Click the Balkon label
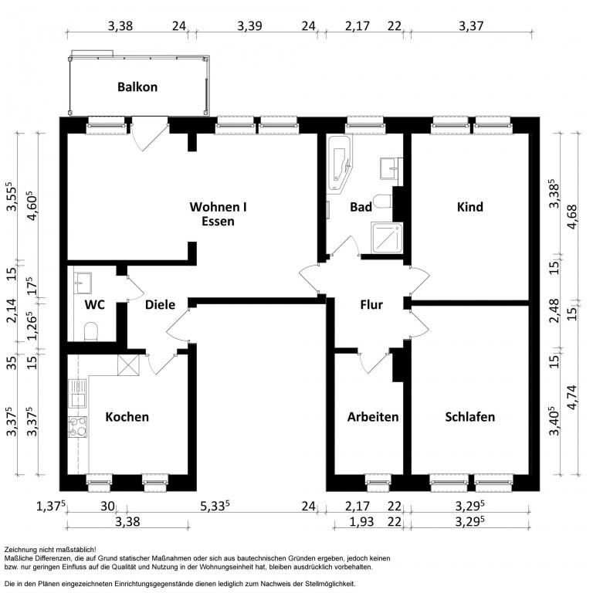137,87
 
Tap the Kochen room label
127,417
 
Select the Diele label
160,304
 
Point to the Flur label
371,304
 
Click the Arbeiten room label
373,417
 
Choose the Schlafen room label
469,417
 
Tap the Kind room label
470,207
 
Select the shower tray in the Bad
387,238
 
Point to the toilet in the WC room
91,330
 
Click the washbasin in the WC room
83,283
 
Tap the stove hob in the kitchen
77,426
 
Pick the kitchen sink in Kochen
77,393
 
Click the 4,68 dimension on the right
572,216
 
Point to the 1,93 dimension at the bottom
361,522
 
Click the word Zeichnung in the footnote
18,550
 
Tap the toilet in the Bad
382,202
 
